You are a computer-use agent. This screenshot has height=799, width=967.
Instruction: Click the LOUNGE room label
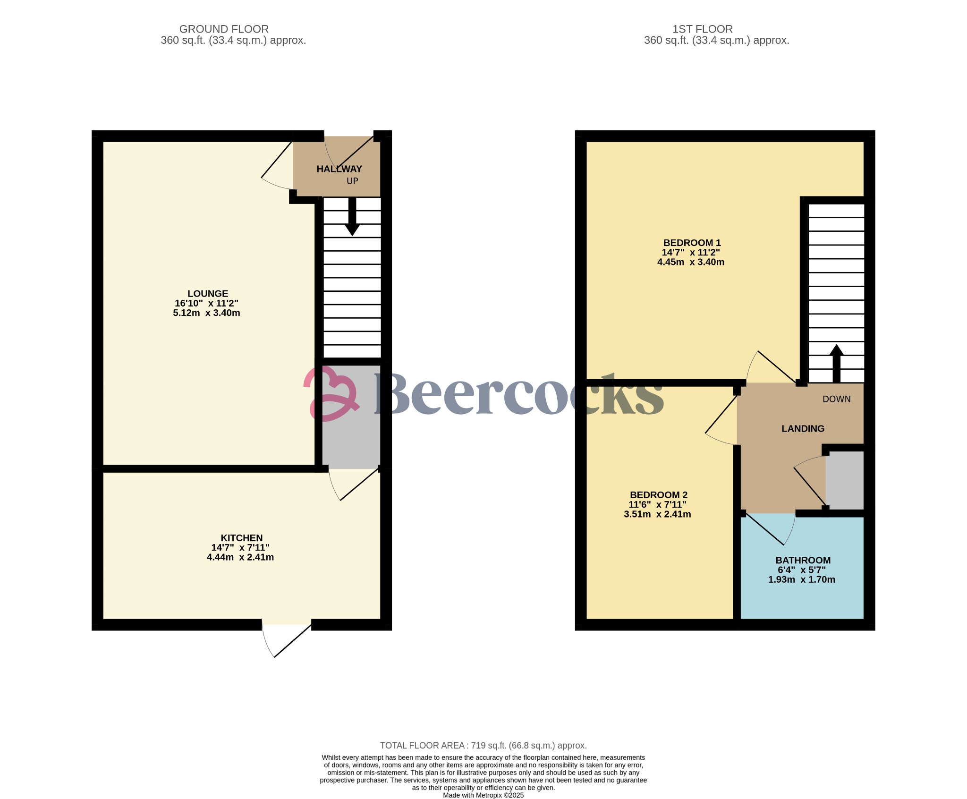click(208, 294)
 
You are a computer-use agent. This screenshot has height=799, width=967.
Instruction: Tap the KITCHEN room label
click(242, 538)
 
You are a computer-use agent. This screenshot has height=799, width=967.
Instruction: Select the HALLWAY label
click(339, 169)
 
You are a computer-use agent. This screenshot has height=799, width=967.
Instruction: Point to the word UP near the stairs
click(352, 181)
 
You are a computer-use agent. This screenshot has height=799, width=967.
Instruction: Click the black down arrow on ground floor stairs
click(352, 216)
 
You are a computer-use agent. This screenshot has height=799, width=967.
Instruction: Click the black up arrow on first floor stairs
click(837, 364)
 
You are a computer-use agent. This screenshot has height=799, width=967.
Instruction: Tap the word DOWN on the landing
click(837, 399)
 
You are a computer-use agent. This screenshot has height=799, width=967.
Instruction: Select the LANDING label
click(803, 429)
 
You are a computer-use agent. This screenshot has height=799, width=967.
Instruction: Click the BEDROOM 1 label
click(692, 243)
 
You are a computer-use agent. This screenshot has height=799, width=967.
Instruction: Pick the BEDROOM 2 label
click(659, 495)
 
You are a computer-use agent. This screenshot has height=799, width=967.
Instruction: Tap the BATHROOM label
click(803, 561)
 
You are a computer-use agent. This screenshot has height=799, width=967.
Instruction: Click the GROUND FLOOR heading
click(224, 29)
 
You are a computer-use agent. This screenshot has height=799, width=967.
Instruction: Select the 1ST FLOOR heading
click(703, 29)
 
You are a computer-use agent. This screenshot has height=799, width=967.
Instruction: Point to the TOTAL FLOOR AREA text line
click(483, 746)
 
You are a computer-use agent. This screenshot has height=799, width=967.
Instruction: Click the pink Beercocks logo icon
click(331, 393)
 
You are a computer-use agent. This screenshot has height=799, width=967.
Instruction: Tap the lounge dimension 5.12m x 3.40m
click(207, 313)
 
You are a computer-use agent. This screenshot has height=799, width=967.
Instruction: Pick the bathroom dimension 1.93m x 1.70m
click(802, 579)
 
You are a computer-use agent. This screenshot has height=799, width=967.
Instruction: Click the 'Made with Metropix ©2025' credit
click(483, 795)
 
